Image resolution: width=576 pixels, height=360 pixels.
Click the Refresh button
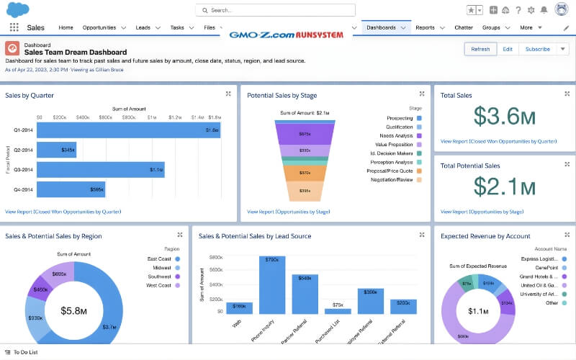[480, 49]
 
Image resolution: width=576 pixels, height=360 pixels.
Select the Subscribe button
[537, 49]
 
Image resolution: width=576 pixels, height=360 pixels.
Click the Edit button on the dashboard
[508, 49]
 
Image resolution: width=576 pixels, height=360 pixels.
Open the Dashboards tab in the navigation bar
[381, 27]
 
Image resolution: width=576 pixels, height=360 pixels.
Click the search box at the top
[275, 10]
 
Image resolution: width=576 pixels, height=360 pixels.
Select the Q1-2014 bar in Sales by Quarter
[128, 130]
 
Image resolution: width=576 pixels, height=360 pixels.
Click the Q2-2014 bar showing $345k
[56, 150]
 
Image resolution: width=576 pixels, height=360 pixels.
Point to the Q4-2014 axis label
[22, 190]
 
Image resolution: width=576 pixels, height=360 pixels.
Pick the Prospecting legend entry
[400, 118]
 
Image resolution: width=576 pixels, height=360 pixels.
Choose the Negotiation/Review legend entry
[391, 180]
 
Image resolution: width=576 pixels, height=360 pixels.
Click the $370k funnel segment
[305, 174]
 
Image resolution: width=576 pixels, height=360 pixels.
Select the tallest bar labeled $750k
[271, 284]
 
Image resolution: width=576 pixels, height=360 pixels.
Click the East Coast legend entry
[159, 258]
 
